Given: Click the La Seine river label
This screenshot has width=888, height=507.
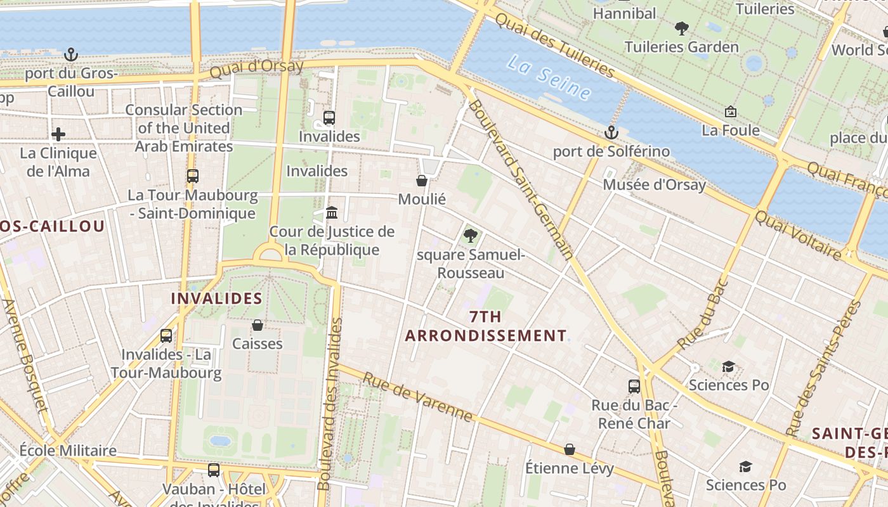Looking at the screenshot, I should coord(549,79).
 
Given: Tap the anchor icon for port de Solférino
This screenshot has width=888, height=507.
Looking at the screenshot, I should coord(611,132).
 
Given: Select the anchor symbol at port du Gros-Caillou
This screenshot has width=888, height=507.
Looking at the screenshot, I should coord(71,55).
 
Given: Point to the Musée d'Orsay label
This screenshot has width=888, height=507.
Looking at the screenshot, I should coord(654,184).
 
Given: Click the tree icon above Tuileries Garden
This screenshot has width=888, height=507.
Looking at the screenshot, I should coord(682,28).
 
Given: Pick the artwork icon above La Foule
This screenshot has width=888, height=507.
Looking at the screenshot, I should coord(730,112).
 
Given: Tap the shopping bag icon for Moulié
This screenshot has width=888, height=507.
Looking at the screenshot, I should coord(422,181).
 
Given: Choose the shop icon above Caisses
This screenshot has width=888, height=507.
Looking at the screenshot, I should coord(258,325).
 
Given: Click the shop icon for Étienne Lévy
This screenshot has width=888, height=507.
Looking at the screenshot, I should coord(570,449).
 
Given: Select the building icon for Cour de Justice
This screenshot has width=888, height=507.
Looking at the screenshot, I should coord(331,212).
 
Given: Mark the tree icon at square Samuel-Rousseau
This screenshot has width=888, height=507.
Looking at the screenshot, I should coord(470,236).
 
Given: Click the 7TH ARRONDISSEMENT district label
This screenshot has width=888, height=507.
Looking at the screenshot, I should coord(486,326).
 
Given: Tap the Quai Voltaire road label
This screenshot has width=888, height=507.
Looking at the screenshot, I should coord(797,235).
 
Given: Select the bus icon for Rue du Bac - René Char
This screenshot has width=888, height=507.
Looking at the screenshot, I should coord(634,386).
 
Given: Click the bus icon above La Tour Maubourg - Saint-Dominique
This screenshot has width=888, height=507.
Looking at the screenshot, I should coord(192,176).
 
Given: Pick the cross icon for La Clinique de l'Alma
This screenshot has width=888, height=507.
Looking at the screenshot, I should coord(58,134).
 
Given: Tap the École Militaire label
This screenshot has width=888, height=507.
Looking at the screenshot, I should coord(68,451).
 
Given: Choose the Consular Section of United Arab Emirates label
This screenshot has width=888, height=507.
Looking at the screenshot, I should coord(184,128).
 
